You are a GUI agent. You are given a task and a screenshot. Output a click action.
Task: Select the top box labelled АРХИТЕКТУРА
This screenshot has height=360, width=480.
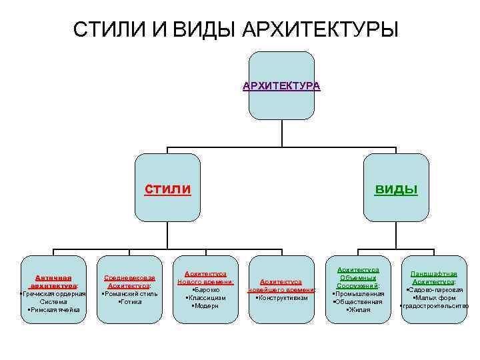coord(281,86)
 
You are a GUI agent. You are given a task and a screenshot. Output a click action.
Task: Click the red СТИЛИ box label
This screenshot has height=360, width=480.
coord(168,189)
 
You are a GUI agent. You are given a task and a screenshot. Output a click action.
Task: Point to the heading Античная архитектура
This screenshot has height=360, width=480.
coord(53,281)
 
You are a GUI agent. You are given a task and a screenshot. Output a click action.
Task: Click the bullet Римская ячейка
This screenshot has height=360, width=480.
coord(53,309)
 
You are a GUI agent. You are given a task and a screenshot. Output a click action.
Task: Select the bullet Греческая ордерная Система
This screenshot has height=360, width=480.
coord(53,297)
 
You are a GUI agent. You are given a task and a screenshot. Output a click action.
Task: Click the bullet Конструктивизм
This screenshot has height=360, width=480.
coord(281,298)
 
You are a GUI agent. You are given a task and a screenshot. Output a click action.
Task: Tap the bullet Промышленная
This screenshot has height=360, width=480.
coord(358,293)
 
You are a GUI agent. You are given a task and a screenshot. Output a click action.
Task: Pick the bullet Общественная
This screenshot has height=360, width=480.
coord(358,301)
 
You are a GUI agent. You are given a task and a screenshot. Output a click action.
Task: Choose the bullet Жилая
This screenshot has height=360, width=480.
coord(358,309)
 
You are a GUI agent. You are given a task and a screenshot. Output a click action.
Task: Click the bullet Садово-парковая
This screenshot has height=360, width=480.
coord(434,290)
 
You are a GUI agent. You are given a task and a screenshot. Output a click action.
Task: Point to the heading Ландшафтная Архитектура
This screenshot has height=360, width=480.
coord(434,277)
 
